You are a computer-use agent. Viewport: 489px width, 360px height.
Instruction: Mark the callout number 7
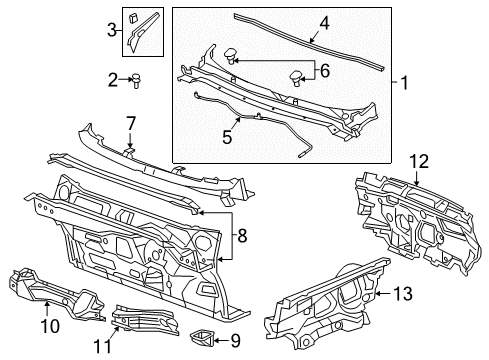[130, 123]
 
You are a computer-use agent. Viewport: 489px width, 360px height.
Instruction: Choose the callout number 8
[242, 236]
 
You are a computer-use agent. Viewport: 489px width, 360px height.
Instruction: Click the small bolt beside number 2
[134, 78]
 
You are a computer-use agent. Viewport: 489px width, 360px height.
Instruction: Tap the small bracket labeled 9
[203, 335]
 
